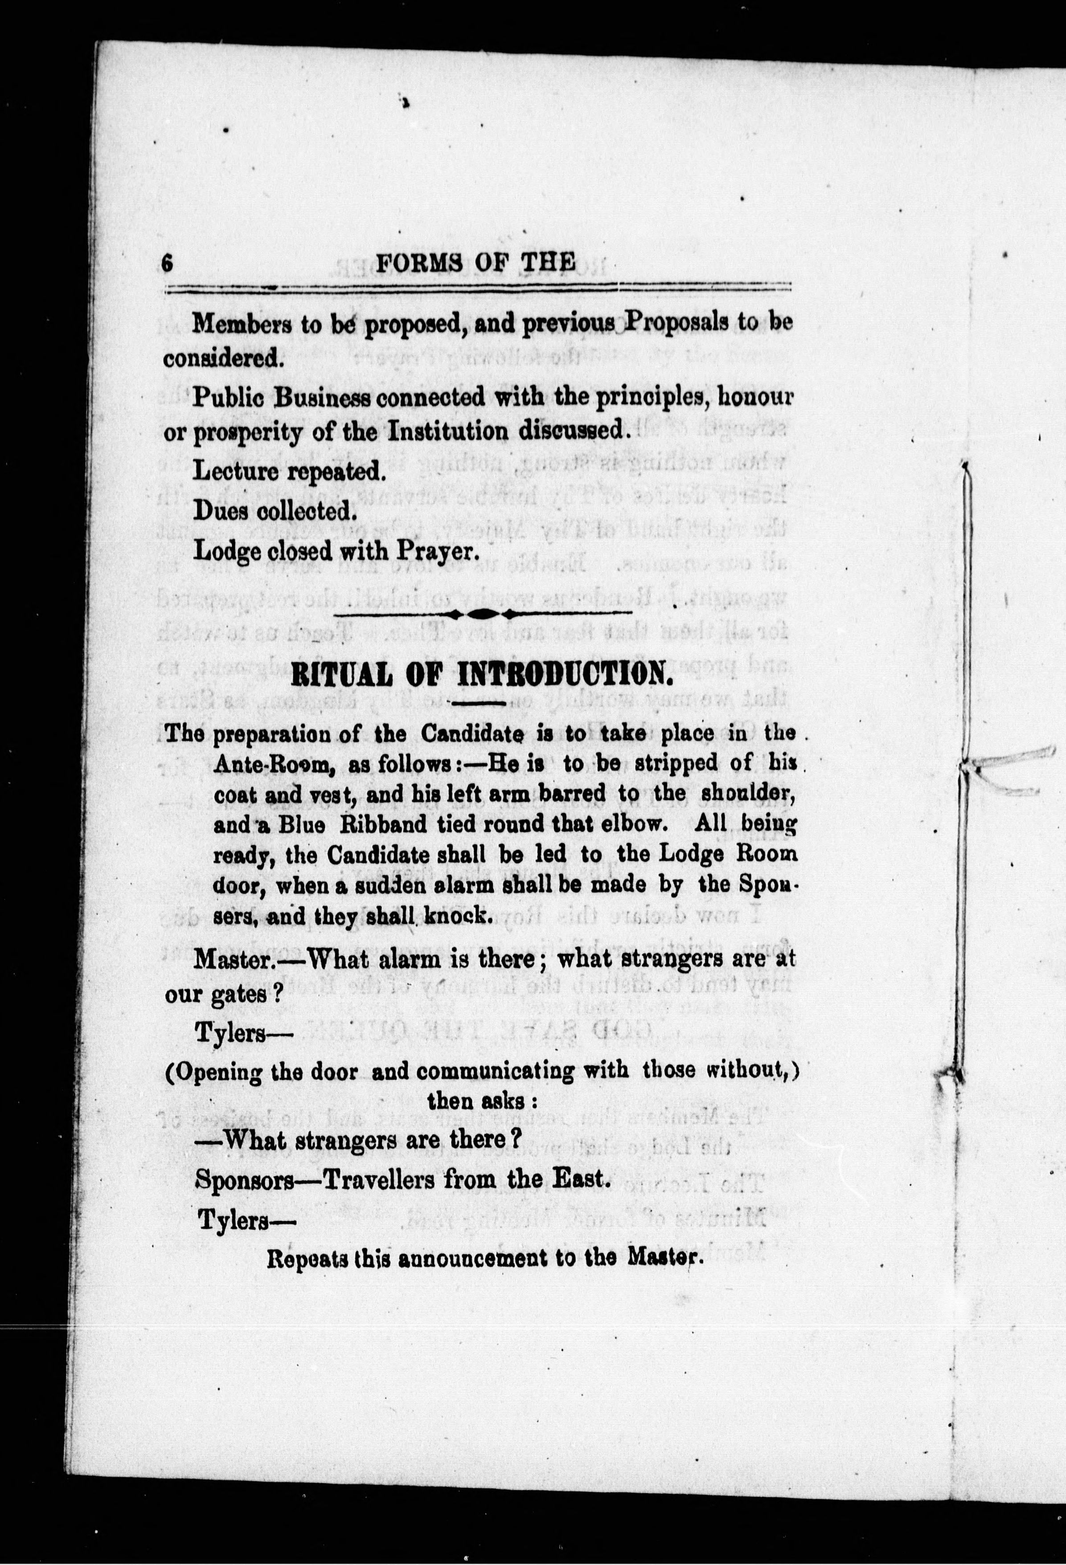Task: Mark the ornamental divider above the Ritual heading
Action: click(482, 613)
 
